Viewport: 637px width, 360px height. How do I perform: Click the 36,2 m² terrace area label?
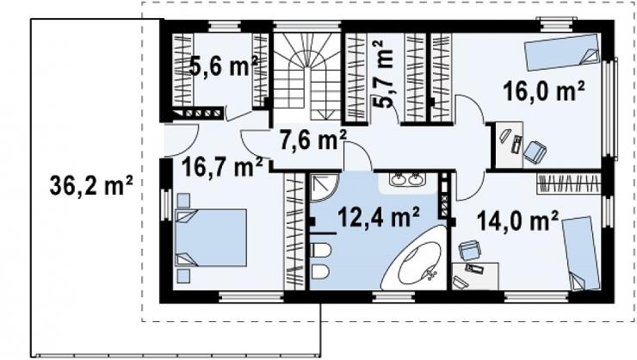point(91,187)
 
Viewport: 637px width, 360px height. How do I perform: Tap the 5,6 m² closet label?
point(224,65)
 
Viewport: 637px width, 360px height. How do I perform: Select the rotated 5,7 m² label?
point(383,73)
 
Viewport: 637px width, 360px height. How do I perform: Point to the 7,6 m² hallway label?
point(312,140)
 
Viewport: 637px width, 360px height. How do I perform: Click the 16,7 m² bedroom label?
point(222,167)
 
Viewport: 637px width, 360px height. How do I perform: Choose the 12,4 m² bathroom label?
point(379,217)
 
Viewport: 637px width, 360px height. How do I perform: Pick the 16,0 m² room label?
point(544,90)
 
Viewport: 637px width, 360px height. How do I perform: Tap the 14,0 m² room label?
point(517,220)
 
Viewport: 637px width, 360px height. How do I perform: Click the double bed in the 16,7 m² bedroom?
point(211,238)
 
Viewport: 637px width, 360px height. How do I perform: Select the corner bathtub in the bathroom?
point(417,259)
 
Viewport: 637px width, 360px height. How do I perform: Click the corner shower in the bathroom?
point(325,188)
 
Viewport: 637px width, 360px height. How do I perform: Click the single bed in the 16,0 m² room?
point(562,52)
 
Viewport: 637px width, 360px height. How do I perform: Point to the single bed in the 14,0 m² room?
point(581,253)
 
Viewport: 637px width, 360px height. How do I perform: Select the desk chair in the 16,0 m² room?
point(535,152)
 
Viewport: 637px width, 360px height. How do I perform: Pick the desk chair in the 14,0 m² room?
point(470,250)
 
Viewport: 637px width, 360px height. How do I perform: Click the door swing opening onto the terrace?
point(181,140)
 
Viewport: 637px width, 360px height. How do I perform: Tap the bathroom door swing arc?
point(358,157)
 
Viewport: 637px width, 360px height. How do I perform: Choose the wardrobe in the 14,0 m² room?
point(568,183)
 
